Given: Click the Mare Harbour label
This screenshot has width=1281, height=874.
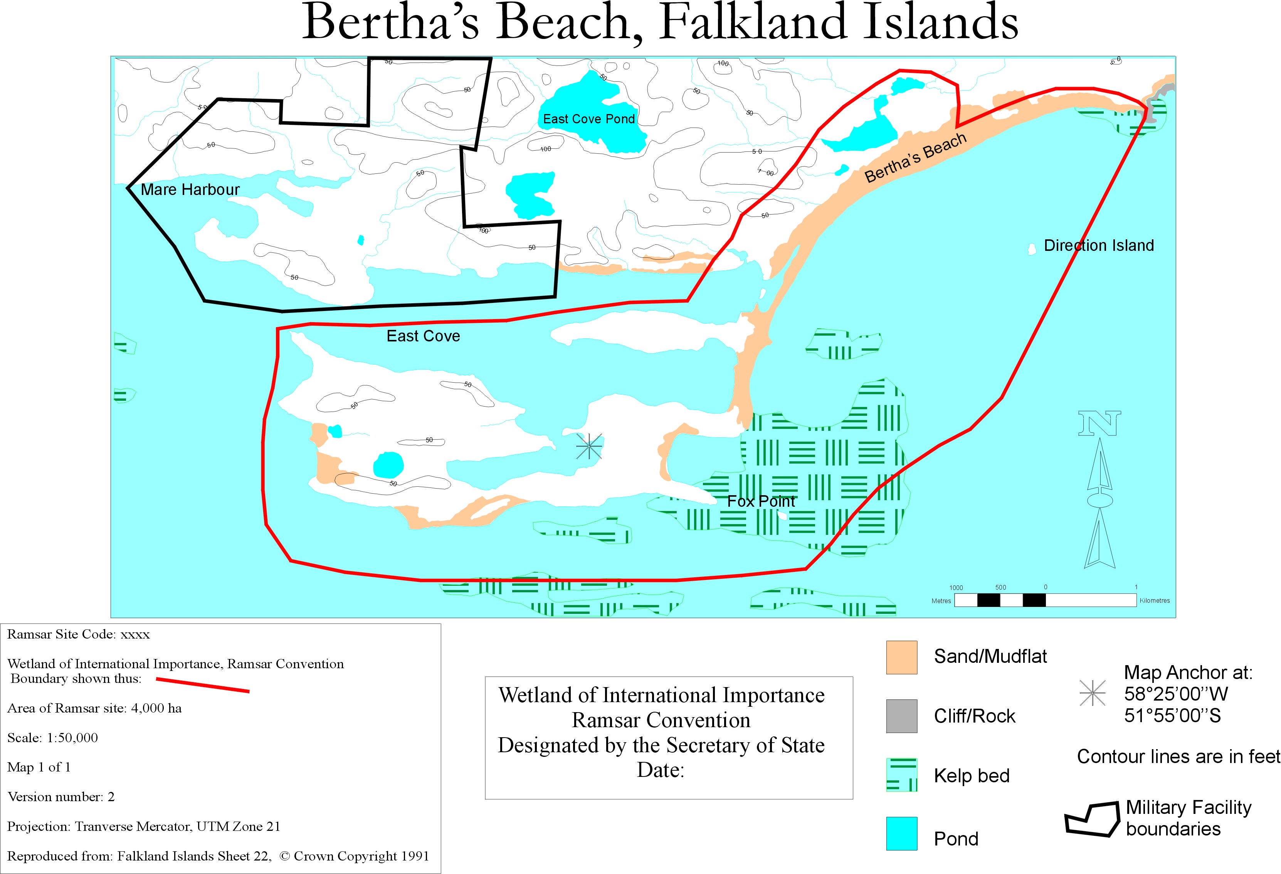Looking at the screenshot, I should (190, 190).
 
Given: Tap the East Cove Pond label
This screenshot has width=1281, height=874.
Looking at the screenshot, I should (589, 119).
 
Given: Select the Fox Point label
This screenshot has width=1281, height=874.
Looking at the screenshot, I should (761, 501).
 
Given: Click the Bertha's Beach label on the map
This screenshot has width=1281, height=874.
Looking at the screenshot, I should (915, 158).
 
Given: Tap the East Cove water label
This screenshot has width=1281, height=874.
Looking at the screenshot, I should (423, 336).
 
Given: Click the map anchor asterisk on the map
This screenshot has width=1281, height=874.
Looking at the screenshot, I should (589, 446).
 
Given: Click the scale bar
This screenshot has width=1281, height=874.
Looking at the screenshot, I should (1045, 600).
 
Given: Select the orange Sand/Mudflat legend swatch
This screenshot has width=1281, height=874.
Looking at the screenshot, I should (901, 657).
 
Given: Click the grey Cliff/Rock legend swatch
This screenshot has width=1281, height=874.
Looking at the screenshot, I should (901, 716).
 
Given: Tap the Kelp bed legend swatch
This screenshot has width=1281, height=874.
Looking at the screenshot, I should (901, 775).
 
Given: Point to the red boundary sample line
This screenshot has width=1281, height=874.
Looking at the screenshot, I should (202, 685).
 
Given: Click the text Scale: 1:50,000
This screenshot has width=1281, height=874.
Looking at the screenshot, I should (52, 738).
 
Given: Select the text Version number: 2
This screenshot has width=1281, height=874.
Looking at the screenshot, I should (61, 797).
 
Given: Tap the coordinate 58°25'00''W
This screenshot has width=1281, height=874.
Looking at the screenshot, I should (1176, 694).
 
